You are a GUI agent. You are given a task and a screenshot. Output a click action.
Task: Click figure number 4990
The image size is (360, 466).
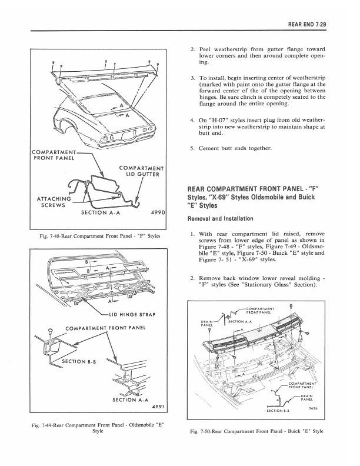pos(156,212)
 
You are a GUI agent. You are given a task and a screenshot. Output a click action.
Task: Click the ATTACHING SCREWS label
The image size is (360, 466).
pos(54,202)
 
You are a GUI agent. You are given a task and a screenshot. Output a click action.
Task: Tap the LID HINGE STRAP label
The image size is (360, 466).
pos(132,315)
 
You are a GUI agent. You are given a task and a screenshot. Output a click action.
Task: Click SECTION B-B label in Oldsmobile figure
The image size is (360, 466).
pos(78,362)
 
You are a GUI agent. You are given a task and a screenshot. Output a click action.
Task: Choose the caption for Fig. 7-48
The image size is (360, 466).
pos(100,237)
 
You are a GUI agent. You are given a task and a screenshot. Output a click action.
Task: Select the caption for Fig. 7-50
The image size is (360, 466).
pos(256,431)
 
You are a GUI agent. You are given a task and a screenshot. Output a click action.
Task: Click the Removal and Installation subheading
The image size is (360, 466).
pos(220,219)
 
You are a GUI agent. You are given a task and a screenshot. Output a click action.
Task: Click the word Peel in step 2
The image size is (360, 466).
pos(205,49)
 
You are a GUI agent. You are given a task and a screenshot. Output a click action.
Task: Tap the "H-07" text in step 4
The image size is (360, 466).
pos(218,121)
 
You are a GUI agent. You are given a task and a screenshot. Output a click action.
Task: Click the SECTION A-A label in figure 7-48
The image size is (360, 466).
pos(101,212)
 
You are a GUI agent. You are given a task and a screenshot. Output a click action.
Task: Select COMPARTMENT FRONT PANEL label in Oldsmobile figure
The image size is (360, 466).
pos(105,328)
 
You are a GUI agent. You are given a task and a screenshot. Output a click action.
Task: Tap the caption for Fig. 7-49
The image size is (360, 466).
pos(98,428)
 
